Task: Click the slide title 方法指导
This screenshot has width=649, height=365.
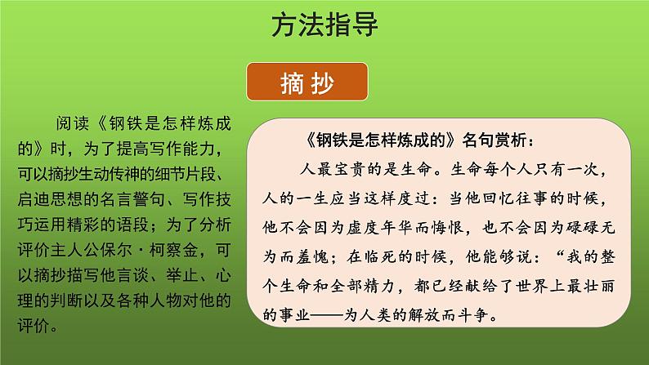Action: pos(324,27)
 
